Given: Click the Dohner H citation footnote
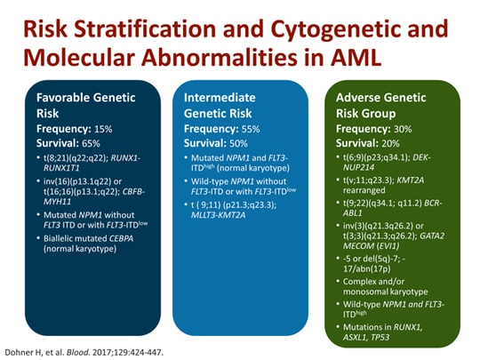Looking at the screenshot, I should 98,348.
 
